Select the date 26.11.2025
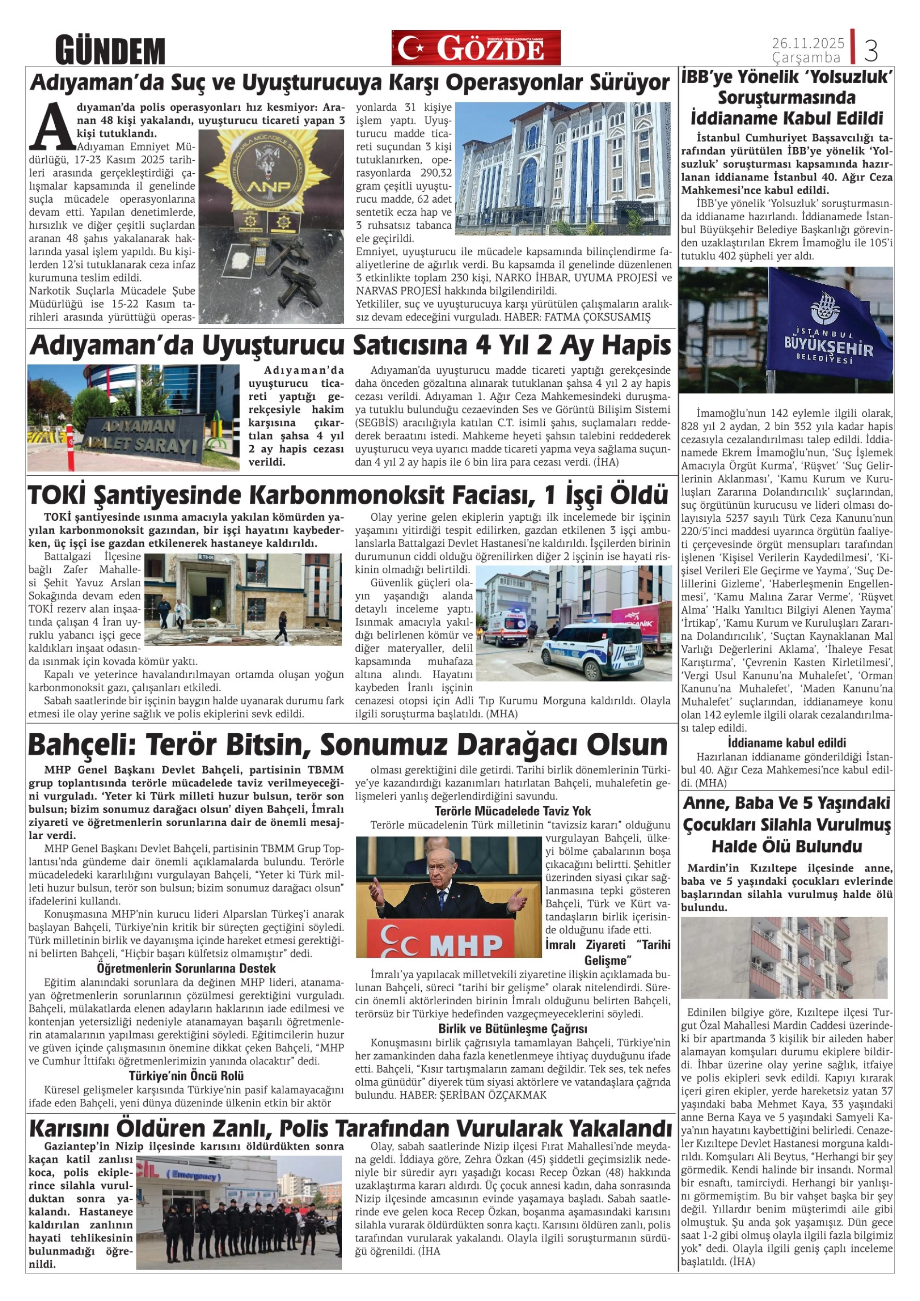tap(808, 43)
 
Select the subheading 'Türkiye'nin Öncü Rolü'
tap(186, 1076)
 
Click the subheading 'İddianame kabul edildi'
tap(786, 743)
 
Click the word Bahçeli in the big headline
tap(80, 744)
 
